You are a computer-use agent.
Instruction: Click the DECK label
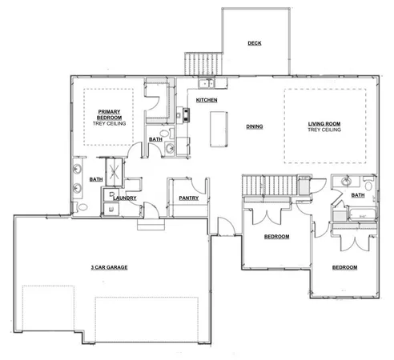[x=255, y=43]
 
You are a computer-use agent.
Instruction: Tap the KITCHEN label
[x=207, y=99]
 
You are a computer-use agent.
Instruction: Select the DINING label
[x=255, y=126]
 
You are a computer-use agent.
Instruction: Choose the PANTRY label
[x=188, y=197]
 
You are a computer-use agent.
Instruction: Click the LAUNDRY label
[x=127, y=198]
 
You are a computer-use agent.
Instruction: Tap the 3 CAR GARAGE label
[x=109, y=266]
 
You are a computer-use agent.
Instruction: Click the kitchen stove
[x=187, y=114]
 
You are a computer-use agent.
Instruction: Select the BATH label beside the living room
[x=357, y=194]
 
